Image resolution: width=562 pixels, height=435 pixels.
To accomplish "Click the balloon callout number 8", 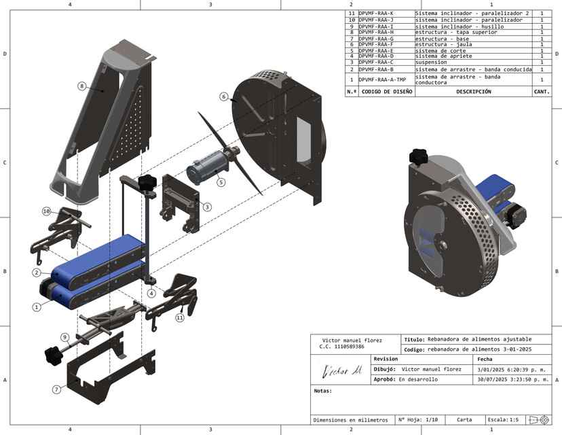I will (81, 86).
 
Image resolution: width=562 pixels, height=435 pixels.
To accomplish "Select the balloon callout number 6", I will (223, 97).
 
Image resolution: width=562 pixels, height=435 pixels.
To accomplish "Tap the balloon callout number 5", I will (221, 181).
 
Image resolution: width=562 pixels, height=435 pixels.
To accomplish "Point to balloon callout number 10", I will (47, 211).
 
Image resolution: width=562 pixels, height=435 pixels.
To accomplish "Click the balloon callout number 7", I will (57, 389).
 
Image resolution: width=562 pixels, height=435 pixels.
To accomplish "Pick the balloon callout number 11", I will (180, 317).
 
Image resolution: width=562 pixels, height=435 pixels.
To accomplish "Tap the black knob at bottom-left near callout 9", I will (52, 354).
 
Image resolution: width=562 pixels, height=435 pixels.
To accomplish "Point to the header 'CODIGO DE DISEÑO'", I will (386, 91).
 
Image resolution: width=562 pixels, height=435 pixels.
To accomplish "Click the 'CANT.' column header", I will (542, 91).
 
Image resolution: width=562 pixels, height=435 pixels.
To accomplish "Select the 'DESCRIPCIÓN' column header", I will (473, 91).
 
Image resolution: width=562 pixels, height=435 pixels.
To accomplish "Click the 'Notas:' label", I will (322, 391).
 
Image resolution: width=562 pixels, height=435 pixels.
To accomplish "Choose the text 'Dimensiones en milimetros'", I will (350, 419).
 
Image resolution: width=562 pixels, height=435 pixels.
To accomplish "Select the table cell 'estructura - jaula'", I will (442, 44).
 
